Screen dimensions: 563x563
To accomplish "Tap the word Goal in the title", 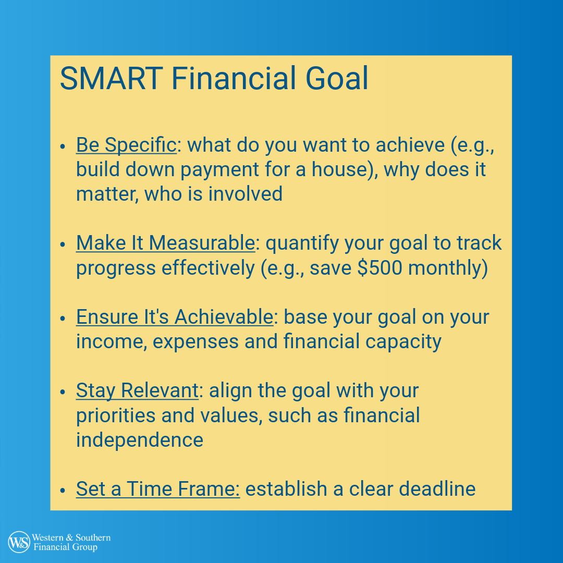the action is coord(337,78).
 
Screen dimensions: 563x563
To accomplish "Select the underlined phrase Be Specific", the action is coord(126,145).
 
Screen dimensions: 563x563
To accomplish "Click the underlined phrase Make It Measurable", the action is coord(166,243).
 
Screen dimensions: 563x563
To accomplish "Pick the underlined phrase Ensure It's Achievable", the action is coord(175,317).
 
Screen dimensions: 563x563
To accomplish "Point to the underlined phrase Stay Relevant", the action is coord(137,390).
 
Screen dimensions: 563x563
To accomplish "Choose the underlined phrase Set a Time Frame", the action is coord(158,489).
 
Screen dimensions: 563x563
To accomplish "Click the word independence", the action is coord(140,440).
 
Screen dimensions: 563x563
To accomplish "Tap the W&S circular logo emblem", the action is coord(19,542).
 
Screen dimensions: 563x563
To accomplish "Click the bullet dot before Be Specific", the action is coord(63,146).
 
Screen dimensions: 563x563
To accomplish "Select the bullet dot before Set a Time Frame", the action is coord(63,490).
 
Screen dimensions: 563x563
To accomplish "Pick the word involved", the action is coord(245,194).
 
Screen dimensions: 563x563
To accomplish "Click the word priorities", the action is coord(116,416).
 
